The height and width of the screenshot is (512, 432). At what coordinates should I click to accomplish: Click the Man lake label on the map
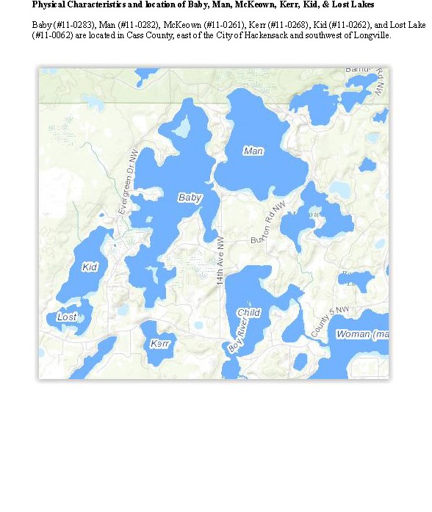[x=253, y=151]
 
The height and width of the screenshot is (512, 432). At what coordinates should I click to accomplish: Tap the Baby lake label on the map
[x=190, y=198]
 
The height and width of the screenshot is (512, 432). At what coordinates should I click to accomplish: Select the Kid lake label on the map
[x=90, y=267]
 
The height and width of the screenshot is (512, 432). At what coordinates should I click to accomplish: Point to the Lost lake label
[x=66, y=317]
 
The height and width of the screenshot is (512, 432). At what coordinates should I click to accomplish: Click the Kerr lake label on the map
[x=159, y=344]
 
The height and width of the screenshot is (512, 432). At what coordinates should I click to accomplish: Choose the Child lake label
[x=248, y=312]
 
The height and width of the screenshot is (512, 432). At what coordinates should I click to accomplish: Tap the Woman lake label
[x=361, y=334]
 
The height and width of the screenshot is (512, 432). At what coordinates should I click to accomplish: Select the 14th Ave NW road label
[x=220, y=262]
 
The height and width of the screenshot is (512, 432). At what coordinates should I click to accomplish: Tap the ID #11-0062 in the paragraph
[x=53, y=35]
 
